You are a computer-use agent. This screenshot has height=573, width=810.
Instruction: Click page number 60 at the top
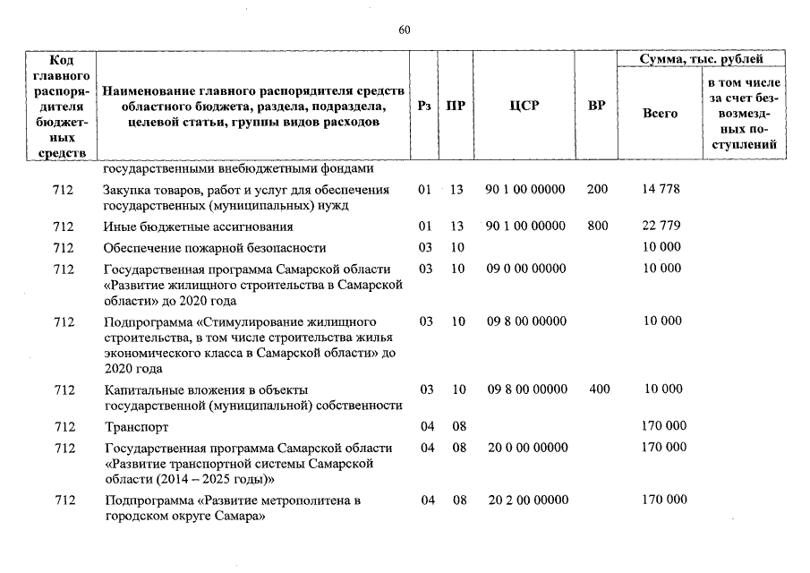point(404,30)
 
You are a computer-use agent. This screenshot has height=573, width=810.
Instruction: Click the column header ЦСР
point(524,105)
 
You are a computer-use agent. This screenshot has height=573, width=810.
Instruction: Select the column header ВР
point(596,105)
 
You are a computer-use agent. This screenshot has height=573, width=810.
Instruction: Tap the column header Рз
point(424,105)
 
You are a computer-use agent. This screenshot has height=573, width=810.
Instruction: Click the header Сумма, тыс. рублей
point(701,59)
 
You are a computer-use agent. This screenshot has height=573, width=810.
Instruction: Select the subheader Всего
point(661,114)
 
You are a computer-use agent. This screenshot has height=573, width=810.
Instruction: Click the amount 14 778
point(662,190)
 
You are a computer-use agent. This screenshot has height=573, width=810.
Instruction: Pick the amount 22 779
point(662,226)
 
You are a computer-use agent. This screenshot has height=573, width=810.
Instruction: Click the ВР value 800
point(597,226)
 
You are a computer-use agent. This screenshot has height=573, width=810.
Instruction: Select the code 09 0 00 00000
point(526,269)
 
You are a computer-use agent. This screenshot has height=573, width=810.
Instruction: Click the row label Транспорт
point(136,427)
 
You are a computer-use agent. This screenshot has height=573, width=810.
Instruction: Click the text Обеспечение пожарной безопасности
point(214,247)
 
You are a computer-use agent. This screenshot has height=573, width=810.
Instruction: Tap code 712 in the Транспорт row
point(63,427)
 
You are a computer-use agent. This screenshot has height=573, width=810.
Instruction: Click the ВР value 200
point(597,190)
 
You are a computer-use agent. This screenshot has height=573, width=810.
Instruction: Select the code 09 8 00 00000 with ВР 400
point(526,389)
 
